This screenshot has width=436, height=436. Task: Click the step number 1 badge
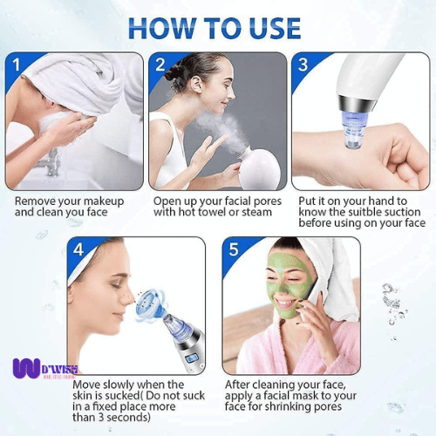coord(15,65)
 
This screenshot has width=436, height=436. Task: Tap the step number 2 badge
coord(160,65)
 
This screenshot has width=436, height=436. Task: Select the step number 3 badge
coord(303,65)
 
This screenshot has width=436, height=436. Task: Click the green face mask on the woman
coord(289,283)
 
